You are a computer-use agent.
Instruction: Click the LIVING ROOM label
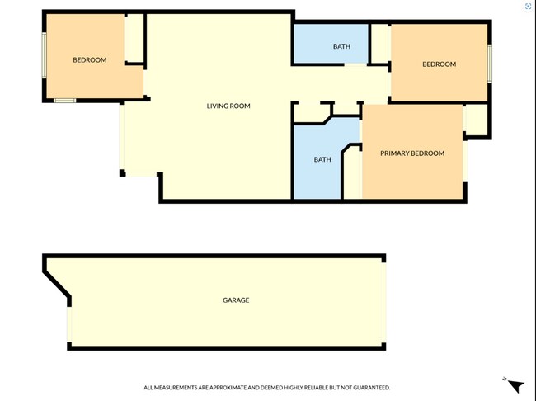coord(228,106)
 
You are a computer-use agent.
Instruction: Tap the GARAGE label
coord(236,300)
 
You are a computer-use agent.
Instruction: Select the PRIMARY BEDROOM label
coord(411,153)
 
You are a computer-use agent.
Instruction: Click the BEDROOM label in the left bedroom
coord(89,59)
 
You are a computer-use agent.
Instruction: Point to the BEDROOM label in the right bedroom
coord(439,64)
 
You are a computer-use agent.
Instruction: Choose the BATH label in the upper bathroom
coord(341,46)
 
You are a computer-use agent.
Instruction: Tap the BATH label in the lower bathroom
coord(322,159)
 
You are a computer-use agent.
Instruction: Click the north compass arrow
coord(515,385)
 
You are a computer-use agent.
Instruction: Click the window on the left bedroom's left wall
coord(44,55)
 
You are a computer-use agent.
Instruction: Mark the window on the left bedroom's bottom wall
coord(65,101)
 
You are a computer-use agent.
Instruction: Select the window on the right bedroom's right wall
coord(489,64)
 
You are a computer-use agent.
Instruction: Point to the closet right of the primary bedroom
coord(476,120)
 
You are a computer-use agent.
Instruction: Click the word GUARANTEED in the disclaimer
coord(368,387)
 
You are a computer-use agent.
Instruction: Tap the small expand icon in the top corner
coord(529,6)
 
